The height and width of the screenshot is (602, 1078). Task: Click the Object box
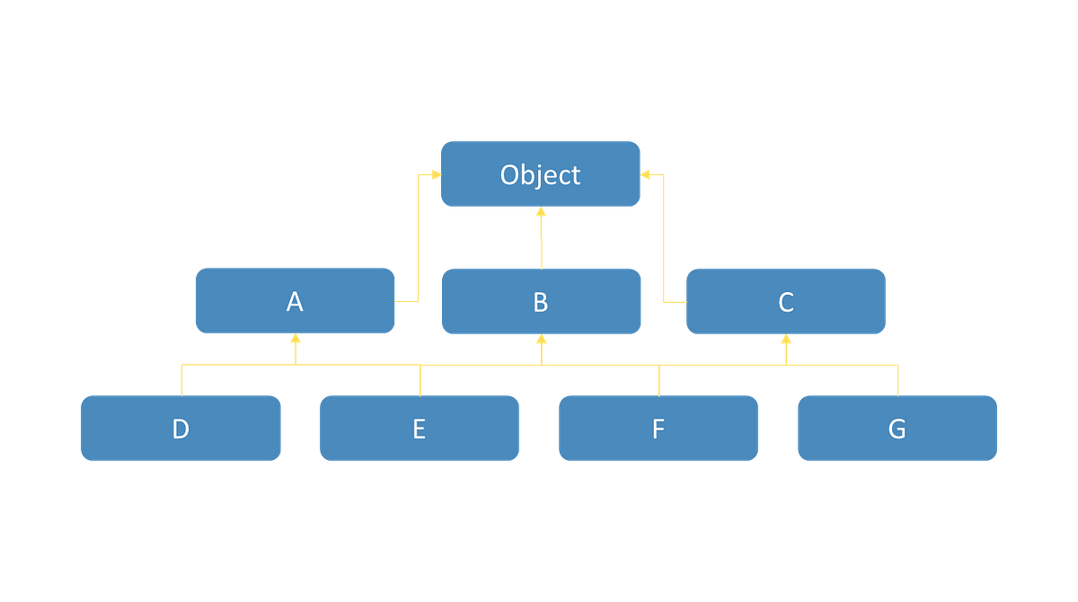pos(540,173)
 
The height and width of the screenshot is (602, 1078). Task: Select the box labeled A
pos(295,301)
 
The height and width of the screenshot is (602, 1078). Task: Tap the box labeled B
pos(541,301)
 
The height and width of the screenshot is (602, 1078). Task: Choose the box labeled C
pos(785,301)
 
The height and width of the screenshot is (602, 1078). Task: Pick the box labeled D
pos(181,429)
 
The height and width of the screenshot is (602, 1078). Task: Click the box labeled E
pos(419,429)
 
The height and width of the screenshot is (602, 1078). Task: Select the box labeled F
pos(658,429)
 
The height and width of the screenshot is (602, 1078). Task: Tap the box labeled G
pos(897,429)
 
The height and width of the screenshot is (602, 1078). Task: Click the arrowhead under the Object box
pos(541,214)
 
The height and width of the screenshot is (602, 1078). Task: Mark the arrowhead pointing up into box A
pos(295,341)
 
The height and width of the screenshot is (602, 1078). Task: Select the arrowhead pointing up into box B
pos(541,341)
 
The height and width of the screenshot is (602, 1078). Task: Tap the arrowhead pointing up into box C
pos(786,341)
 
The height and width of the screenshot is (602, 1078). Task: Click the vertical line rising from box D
pos(181,381)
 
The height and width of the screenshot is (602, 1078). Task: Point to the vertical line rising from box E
pos(420,381)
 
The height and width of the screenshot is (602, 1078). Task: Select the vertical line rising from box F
pos(659,381)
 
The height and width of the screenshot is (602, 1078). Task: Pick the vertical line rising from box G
pos(898,381)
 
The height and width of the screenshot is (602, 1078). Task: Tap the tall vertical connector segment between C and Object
pos(663,238)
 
